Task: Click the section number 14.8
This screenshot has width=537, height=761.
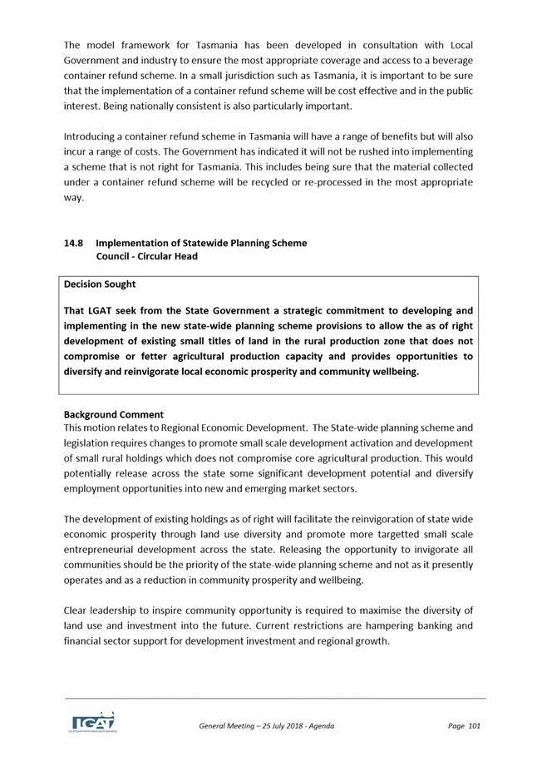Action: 73,243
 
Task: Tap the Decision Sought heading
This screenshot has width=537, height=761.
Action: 100,284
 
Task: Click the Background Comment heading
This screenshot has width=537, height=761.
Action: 114,414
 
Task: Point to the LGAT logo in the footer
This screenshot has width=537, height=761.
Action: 92,721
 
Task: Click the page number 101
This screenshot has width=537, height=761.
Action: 475,726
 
